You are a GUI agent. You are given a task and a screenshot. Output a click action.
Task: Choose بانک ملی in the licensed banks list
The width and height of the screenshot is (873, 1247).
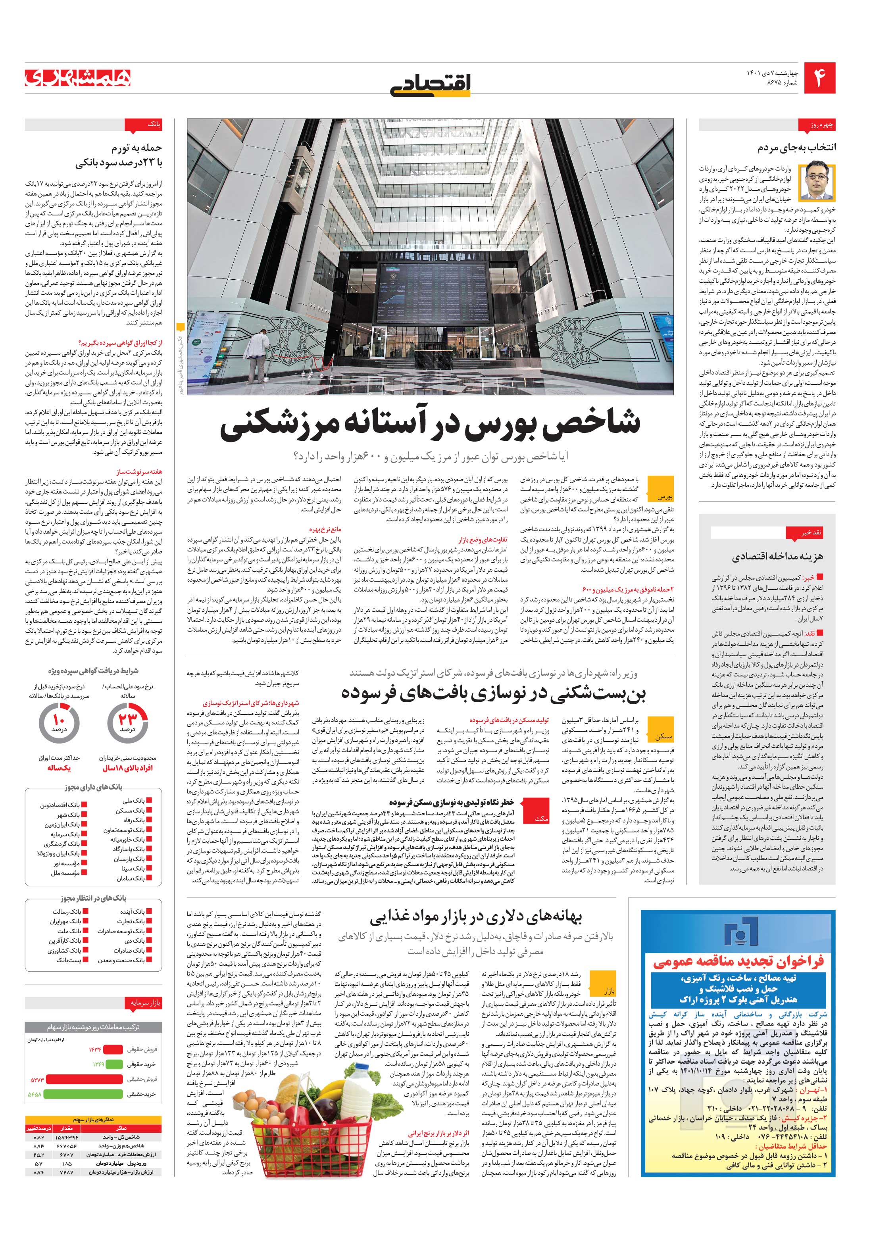coord(133,801)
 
